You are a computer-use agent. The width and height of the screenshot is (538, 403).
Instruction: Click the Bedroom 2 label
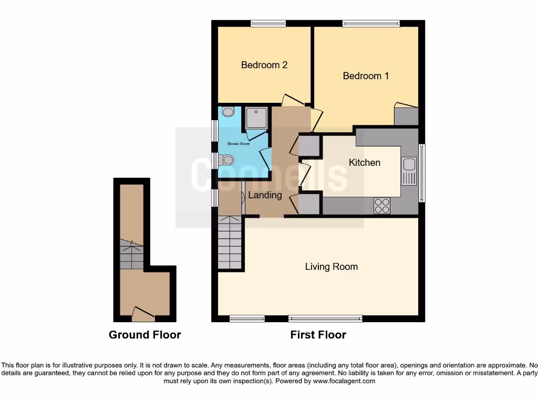coord(264,65)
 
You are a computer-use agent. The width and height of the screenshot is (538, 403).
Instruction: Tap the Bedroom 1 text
coord(366,76)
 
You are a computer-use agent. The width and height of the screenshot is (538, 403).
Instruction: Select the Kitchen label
coord(364,163)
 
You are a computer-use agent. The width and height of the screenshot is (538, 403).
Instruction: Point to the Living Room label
coord(331,267)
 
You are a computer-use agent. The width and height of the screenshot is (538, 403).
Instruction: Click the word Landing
coord(265,195)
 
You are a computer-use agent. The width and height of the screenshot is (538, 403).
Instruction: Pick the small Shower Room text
coord(238,143)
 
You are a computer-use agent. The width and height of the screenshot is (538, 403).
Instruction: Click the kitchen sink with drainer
coord(408,172)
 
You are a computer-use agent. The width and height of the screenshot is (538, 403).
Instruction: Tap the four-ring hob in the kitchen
coord(382,206)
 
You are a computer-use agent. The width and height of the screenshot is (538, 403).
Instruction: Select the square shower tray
coord(256,118)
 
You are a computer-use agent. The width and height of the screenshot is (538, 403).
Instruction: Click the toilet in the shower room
coord(227,160)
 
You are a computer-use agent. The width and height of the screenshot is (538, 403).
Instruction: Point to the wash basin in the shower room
coord(228,111)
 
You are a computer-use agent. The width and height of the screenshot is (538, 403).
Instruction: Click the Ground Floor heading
coord(144,335)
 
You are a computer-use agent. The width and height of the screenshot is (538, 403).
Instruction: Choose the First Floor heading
coord(318,335)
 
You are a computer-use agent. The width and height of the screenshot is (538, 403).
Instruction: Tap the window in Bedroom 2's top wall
coord(268,23)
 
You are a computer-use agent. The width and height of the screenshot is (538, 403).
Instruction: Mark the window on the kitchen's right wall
coord(422,173)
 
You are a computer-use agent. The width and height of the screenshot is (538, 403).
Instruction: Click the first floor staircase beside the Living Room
coord(230,244)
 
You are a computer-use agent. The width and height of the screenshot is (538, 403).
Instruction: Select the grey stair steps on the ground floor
coord(131,254)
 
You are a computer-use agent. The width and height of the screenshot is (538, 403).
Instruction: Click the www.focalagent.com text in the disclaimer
coord(345,381)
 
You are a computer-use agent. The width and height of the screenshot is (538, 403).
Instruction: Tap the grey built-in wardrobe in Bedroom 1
coord(406,116)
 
